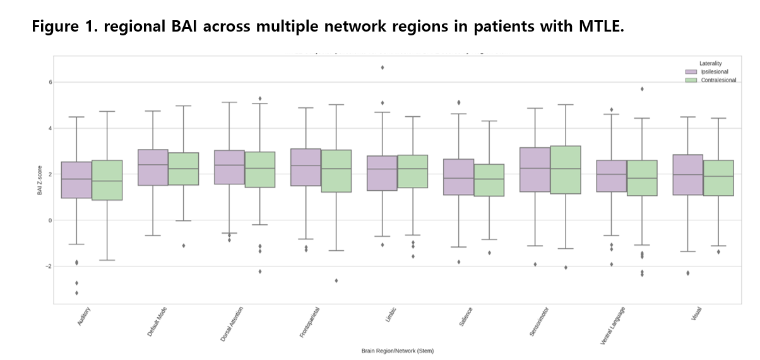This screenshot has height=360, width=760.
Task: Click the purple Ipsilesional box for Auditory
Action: pos(76,180)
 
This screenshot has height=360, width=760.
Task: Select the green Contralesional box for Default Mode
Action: pos(184,169)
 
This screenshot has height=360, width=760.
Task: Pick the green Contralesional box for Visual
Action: pos(718,178)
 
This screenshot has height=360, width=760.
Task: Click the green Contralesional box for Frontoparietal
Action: pos(336,171)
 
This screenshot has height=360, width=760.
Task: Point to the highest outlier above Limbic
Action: pos(382,68)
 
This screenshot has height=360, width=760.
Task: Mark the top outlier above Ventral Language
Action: pos(642,89)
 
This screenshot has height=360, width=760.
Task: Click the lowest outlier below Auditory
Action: pos(76,292)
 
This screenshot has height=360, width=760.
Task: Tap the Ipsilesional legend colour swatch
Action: pos(691,72)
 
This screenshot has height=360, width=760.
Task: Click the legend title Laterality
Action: pos(710,63)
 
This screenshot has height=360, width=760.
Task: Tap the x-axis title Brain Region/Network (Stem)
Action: pos(397,350)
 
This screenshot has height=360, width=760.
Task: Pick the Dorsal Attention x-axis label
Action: pos(232,324)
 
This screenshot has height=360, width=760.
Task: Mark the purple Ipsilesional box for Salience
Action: pos(458,177)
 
